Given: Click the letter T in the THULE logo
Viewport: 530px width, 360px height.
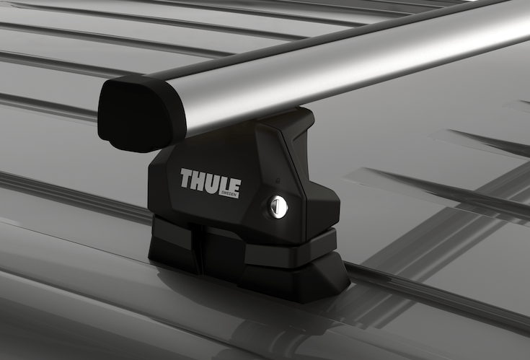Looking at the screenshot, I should [x=187, y=178].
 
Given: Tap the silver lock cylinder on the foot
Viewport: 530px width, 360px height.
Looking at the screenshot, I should [x=278, y=207].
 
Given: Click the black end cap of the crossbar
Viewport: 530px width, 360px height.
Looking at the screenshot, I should [x=141, y=112].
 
